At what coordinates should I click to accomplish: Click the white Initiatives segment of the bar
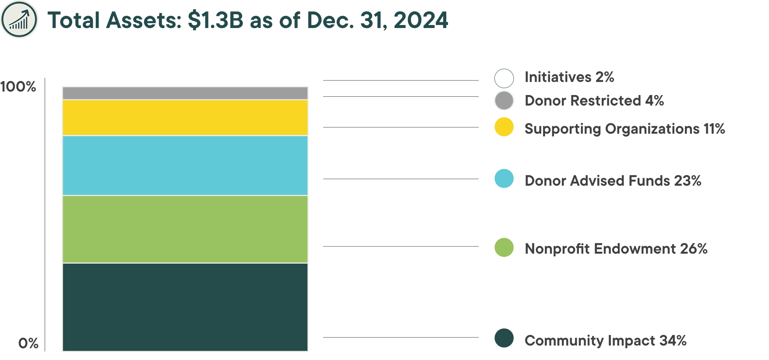[185, 82]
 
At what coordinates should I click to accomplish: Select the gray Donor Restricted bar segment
[185, 93]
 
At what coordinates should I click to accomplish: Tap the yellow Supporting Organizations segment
[185, 117]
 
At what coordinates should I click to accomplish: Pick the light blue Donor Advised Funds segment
[185, 165]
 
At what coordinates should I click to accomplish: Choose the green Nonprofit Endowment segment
[185, 229]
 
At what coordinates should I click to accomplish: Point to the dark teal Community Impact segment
[185, 307]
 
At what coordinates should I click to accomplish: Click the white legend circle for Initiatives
[504, 78]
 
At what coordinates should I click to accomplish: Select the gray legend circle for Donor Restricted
[504, 101]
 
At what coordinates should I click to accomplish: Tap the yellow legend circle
[504, 127]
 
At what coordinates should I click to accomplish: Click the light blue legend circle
[504, 179]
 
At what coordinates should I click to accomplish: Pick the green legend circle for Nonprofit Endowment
[504, 247]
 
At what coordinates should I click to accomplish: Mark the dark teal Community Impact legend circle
[504, 338]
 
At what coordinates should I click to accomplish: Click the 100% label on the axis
[18, 87]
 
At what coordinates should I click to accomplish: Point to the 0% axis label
[28, 343]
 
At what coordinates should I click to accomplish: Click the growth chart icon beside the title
[19, 20]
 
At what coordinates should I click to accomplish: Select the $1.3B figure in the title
[215, 21]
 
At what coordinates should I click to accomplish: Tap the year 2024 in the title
[420, 21]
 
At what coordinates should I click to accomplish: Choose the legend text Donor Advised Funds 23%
[613, 180]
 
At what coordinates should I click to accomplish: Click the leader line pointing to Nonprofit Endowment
[401, 247]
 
